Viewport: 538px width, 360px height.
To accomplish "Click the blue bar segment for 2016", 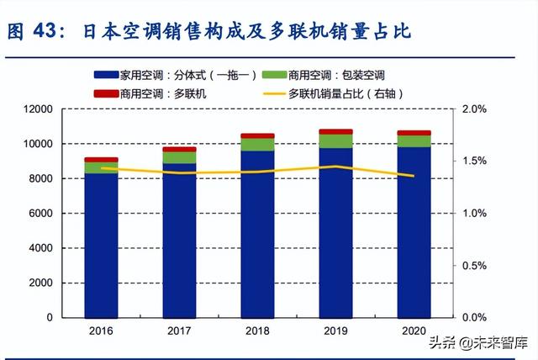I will click(x=101, y=245).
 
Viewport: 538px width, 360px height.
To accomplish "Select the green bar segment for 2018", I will click(x=257, y=145).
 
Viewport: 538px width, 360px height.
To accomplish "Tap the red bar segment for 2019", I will click(x=335, y=131).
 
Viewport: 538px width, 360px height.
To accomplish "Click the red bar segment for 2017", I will click(x=179, y=149).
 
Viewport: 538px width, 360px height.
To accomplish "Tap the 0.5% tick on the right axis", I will click(x=475, y=266).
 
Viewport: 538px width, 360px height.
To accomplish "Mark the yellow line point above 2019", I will click(x=335, y=167).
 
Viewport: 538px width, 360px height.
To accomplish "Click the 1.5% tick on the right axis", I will click(x=475, y=161).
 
